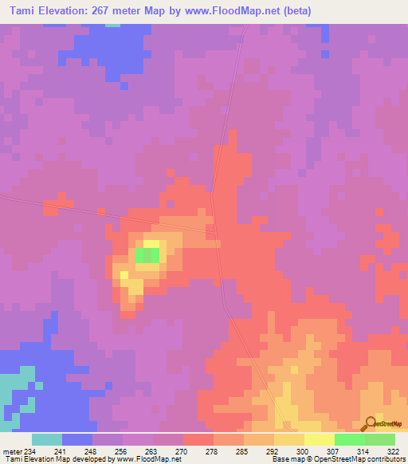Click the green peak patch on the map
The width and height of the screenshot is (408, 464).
[147, 255]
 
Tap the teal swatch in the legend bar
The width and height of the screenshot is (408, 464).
[47, 439]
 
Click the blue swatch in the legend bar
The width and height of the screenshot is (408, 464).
[77, 439]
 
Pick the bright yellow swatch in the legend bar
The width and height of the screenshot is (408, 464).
[319, 439]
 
